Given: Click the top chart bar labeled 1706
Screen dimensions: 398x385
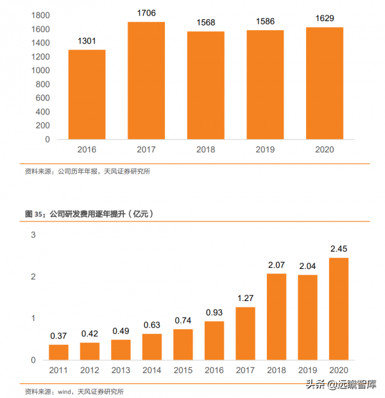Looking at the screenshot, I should (146, 80).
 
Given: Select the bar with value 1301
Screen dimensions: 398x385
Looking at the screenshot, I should (87, 94).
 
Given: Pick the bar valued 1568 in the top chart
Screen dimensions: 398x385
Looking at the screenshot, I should (205, 85).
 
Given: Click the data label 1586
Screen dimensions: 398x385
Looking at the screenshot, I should (265, 21).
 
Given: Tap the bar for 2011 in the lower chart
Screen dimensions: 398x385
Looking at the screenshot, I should (58, 352).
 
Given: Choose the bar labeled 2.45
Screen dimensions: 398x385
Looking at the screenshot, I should (338, 308).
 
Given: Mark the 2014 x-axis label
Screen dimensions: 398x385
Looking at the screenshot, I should (151, 370).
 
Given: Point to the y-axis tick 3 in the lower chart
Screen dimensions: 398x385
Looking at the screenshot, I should (33, 235).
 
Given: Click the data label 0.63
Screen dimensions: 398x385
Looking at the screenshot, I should (151, 324).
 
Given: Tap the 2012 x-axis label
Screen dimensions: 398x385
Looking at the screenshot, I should (89, 370).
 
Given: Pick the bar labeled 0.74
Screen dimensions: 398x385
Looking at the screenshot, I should (183, 344).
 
